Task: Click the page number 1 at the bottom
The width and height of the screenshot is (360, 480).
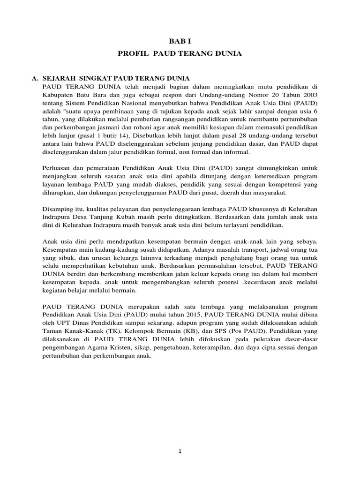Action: click(180, 451)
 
